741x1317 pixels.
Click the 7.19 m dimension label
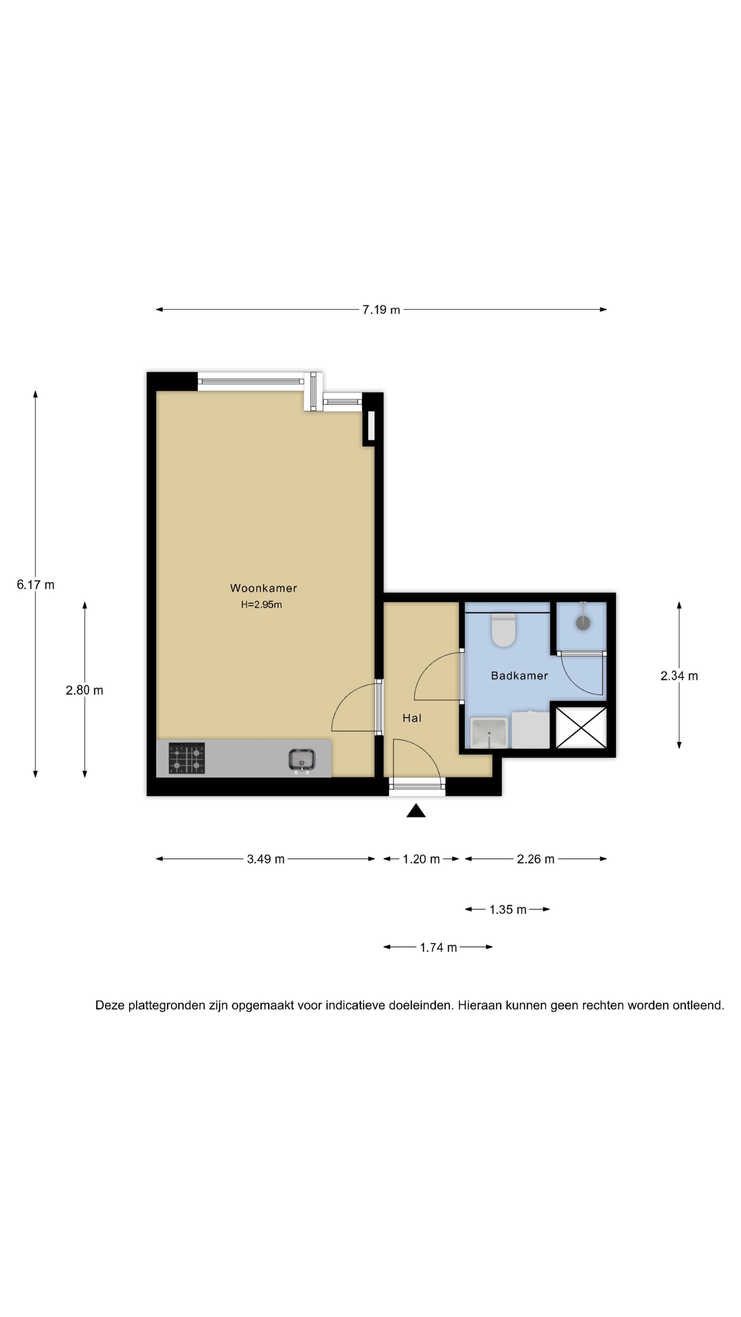381,310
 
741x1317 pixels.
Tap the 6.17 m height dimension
35,584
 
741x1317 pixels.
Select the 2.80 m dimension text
84,690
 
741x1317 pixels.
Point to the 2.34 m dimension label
679,676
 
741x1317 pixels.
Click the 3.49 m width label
265,859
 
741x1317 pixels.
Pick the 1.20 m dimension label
421,859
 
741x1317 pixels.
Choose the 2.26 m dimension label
536,859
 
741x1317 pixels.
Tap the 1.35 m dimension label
508,910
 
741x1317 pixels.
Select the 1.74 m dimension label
438,948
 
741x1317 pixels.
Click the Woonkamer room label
263,588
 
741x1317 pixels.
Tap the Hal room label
412,718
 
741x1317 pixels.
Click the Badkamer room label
520,676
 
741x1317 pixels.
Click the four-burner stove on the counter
187,758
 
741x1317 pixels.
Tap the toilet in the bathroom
504,630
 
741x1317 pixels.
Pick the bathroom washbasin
489,733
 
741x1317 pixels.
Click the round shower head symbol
583,623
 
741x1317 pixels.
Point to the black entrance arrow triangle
416,811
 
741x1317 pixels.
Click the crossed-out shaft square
581,728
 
